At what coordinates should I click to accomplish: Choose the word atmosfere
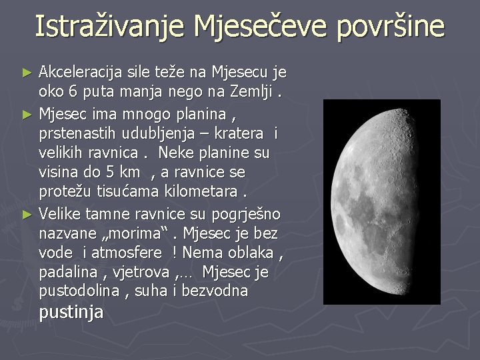(x=127, y=253)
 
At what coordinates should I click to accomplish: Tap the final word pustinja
(x=71, y=312)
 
